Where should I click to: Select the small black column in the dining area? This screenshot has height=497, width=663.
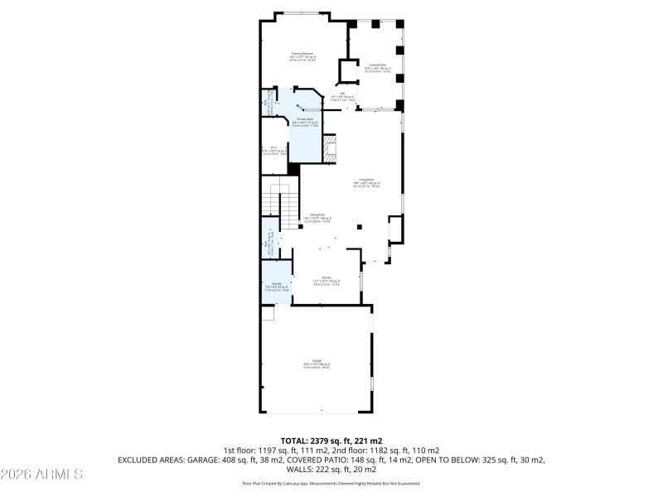tap(359, 227)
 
